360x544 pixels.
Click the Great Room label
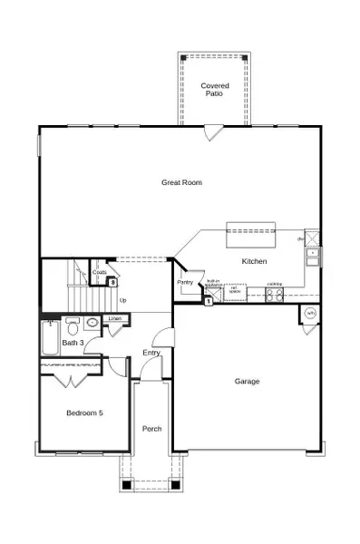click(x=181, y=182)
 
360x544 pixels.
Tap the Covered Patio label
click(x=214, y=89)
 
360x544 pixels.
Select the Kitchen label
click(x=254, y=261)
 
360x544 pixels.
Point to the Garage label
click(x=247, y=381)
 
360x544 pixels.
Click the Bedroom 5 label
click(x=84, y=413)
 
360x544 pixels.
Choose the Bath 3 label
click(x=73, y=343)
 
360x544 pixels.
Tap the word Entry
click(x=151, y=353)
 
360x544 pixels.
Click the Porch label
click(x=151, y=428)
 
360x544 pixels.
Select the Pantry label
click(x=185, y=282)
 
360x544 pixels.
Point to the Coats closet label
click(x=99, y=272)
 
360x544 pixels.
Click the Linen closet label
click(x=115, y=319)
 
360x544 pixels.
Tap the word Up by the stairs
click(x=122, y=300)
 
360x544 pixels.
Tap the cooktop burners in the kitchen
click(x=274, y=292)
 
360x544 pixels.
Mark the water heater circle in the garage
click(x=310, y=314)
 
